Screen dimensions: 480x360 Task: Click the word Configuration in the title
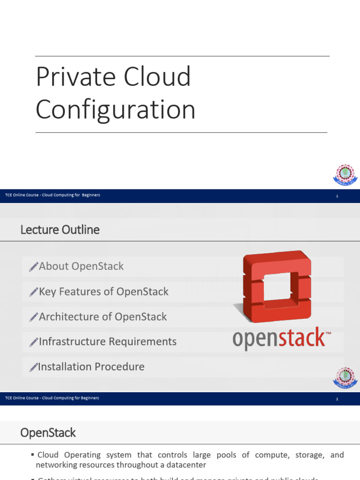pos(115,110)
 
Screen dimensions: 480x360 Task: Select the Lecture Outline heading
pos(60,230)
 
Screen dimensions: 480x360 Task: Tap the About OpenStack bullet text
pos(81,266)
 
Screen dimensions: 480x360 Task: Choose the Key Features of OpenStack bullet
pos(104,292)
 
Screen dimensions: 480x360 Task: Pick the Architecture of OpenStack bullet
pos(103,317)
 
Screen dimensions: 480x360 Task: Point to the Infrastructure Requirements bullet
pos(107,342)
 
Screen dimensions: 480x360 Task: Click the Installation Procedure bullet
pos(91,367)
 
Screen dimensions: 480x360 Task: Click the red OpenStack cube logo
pos(272,286)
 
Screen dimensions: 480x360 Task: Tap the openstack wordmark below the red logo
pos(278,338)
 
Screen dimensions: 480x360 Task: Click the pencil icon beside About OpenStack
pos(33,267)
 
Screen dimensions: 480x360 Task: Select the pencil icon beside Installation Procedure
pos(33,367)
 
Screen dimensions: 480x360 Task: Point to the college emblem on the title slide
pos(345,174)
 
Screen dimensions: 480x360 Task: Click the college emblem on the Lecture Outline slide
pos(345,377)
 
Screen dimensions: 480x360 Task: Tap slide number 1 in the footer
pos(337,196)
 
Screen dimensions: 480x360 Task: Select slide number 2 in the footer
pos(337,399)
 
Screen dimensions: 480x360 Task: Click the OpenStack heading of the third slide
pos(48,433)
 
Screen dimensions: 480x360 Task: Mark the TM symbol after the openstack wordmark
pos(328,334)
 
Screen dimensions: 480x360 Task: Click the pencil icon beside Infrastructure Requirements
pos(33,342)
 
